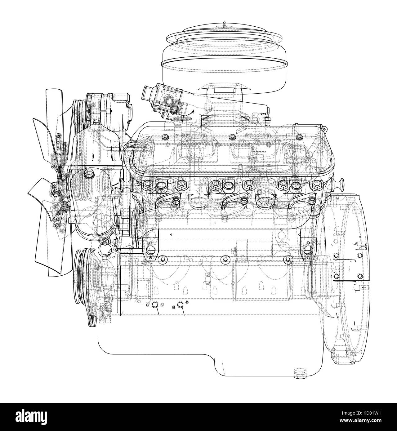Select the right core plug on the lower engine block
180,305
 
